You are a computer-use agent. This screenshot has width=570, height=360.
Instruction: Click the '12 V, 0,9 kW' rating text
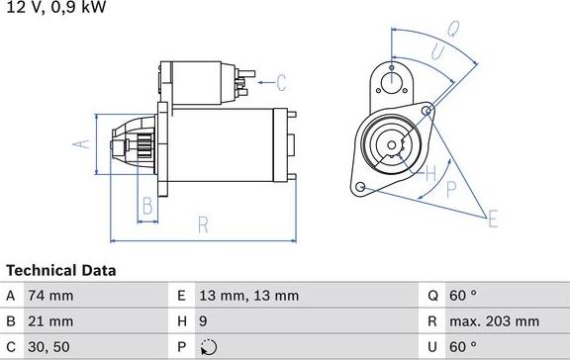pyautogui.click(x=55, y=8)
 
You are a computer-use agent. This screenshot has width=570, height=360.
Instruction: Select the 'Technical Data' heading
pyautogui.click(x=61, y=270)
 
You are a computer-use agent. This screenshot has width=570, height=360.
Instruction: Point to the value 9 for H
pyautogui.click(x=204, y=321)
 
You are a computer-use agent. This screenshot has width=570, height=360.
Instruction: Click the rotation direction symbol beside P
pyautogui.click(x=208, y=347)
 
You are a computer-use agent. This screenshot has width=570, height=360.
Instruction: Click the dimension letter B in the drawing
pyautogui.click(x=146, y=207)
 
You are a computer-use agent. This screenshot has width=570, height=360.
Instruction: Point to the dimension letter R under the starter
pyautogui.click(x=203, y=225)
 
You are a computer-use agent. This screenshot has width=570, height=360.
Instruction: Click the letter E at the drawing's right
pyautogui.click(x=493, y=219)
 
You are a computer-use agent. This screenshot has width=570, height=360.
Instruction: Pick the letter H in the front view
pyautogui.click(x=429, y=174)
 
